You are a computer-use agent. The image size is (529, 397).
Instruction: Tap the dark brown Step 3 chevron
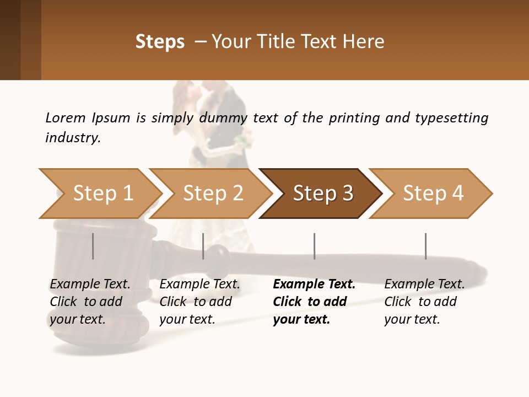322,194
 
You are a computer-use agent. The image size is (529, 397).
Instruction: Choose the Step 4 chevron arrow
433,194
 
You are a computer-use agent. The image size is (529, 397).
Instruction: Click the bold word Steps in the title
160,42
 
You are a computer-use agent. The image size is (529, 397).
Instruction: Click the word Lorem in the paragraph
66,117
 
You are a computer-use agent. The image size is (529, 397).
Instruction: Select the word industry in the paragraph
73,137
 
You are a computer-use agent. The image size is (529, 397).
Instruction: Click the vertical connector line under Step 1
93,246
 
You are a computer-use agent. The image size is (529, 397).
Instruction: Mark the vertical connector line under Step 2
203,246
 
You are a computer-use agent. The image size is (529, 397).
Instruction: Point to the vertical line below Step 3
315,246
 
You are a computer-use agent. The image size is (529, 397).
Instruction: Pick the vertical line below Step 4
425,246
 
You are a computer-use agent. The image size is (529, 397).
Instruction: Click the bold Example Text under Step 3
314,285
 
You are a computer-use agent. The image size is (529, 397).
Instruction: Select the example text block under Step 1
90,302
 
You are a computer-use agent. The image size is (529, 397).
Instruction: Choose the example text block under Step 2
199,302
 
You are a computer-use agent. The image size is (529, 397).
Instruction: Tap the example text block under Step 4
424,302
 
